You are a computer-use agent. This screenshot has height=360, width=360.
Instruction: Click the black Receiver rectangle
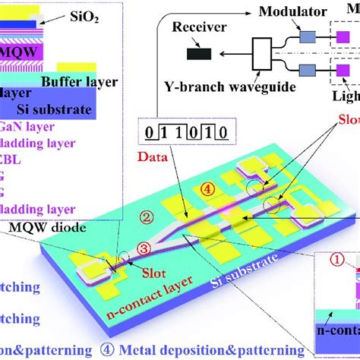coord(201,53)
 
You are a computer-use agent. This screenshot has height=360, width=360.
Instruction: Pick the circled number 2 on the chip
coord(147,218)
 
